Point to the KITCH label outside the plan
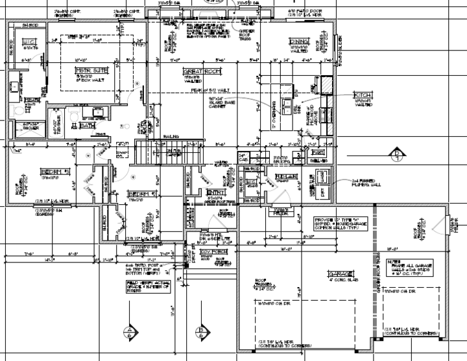coord(362,96)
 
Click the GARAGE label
coord(341,273)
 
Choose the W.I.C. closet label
coord(30,42)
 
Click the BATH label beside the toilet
coord(88,126)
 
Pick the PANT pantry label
coord(317,151)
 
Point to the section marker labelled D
coord(397,153)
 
